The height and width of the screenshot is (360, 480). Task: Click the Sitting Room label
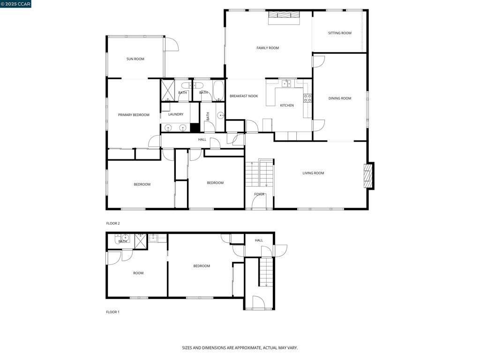339,33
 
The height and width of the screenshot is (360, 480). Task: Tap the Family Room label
267,48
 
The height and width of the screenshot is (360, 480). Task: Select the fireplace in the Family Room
284,17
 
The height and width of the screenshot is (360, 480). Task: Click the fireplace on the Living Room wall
369,176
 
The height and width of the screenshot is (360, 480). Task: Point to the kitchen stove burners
307,98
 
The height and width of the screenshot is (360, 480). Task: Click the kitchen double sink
285,83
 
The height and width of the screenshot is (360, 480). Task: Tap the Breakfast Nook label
243,96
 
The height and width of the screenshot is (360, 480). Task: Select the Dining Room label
339,98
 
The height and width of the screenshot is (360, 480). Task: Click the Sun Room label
135,59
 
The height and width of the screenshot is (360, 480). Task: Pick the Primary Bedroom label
134,115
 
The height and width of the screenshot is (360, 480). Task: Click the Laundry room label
176,114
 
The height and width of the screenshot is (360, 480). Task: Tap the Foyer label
259,194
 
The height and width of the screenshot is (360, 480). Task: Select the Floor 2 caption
113,224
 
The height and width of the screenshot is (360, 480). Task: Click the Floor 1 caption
113,312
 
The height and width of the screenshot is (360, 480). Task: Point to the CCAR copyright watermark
15,4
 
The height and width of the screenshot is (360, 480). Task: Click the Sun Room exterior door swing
171,44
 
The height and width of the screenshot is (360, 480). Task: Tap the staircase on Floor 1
266,272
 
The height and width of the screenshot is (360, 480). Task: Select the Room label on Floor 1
138,273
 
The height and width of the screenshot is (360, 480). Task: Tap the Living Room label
313,173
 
